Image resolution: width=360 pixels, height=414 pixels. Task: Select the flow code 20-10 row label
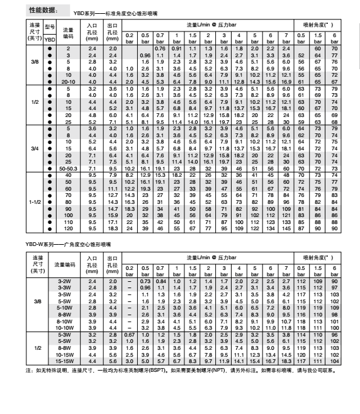point(68,82)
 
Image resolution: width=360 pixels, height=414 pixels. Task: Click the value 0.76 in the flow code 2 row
point(159,48)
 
